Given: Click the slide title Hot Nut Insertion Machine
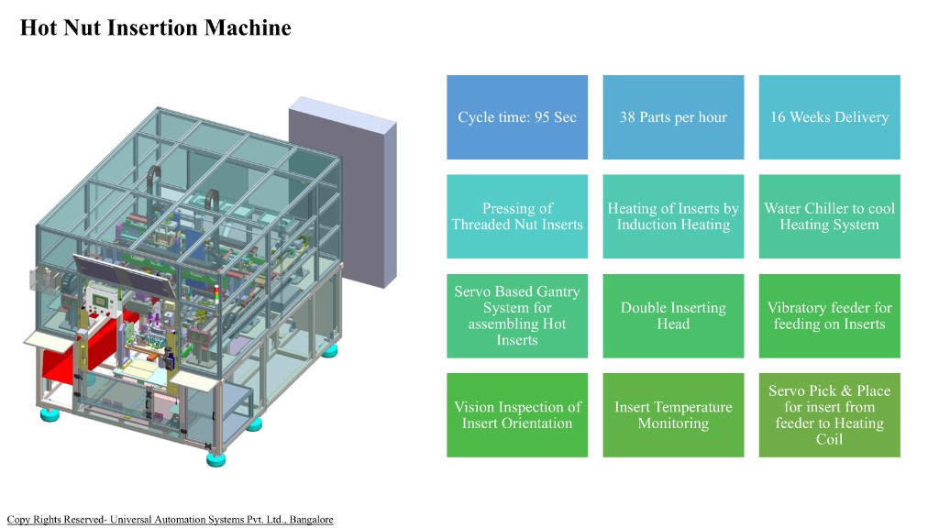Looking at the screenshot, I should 156,28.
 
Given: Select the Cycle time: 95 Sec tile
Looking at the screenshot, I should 517,117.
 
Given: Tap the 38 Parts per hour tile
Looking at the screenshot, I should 673,117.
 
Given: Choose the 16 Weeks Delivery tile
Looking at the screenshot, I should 829,117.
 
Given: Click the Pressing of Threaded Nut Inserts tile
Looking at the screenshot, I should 517,216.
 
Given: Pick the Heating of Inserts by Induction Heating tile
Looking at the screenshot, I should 673,216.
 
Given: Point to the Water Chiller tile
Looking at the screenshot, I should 829,216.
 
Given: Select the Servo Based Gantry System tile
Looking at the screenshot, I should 517,315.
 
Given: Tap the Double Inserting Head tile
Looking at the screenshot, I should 673,315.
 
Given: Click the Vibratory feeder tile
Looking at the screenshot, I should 829,315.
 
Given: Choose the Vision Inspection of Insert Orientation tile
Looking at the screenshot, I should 517,414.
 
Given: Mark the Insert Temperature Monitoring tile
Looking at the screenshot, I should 673,414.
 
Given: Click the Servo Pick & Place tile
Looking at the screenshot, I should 829,414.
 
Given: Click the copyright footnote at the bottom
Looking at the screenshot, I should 170,520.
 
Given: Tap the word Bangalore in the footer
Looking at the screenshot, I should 311,520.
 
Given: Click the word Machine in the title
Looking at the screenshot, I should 248,28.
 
